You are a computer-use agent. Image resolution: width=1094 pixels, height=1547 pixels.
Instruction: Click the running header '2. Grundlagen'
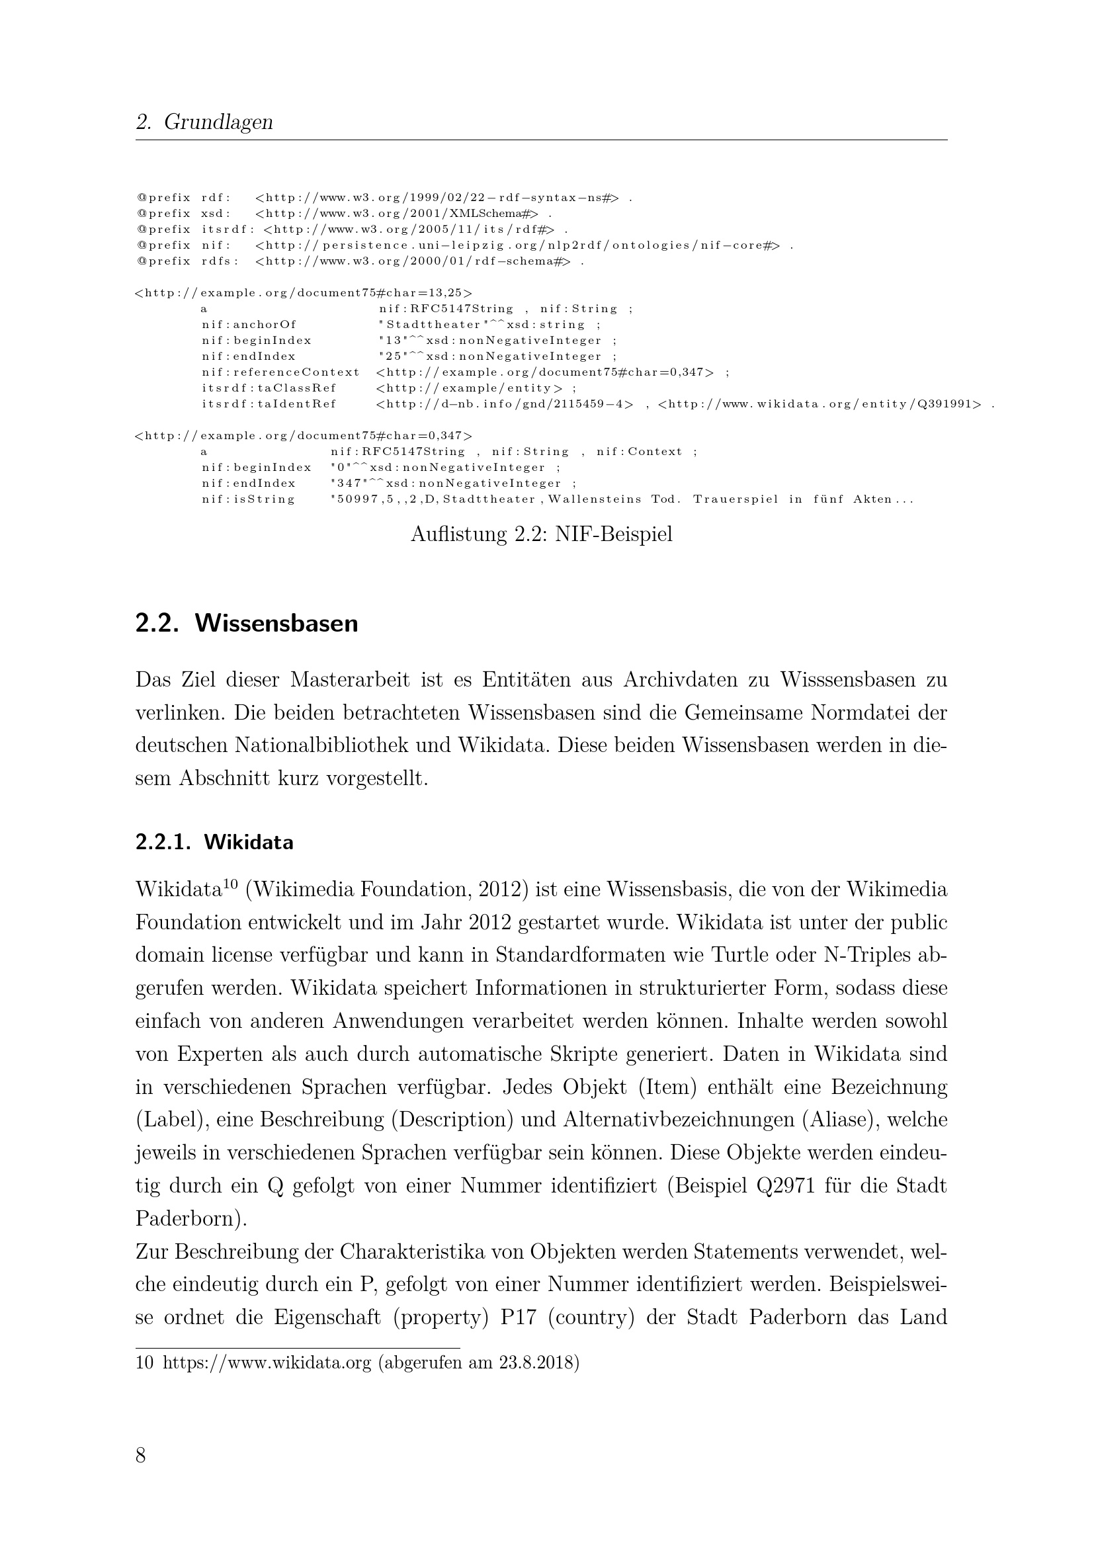204,122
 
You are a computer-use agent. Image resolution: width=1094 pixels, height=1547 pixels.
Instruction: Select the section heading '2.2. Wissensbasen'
247,623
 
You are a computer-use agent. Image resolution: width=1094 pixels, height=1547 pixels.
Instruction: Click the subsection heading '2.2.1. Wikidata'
214,842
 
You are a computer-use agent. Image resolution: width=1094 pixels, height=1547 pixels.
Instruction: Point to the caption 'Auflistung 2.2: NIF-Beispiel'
542,534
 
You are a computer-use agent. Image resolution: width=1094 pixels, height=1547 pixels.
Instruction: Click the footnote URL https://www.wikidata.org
267,1363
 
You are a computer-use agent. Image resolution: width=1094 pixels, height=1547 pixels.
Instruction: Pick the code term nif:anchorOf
249,325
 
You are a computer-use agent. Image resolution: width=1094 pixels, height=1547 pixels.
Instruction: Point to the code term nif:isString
249,499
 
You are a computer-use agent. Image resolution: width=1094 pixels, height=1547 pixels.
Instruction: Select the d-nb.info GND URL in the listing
505,404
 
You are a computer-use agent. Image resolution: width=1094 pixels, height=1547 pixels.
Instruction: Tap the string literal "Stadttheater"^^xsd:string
481,325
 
